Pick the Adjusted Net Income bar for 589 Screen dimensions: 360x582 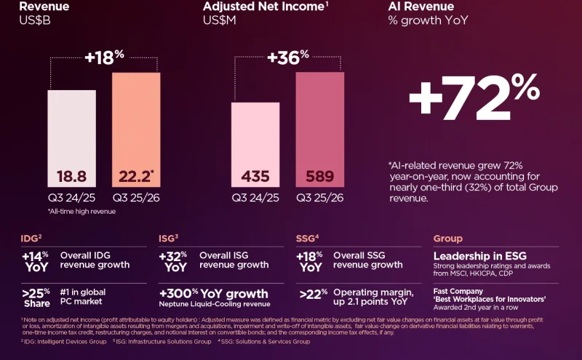tap(319, 128)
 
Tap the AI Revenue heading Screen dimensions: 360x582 tap(420, 7)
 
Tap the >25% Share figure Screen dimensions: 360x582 tap(37, 298)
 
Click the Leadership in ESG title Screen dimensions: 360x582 tap(479, 256)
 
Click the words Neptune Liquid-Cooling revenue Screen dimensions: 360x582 tap(215, 304)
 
